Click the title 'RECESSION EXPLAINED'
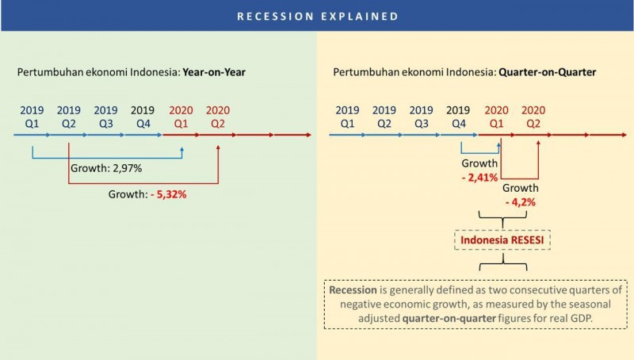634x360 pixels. pyautogui.click(x=318, y=16)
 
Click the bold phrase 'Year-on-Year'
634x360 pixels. pyautogui.click(x=214, y=72)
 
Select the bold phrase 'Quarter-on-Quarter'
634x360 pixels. pyautogui.click(x=547, y=72)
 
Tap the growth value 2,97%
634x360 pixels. pyautogui.click(x=128, y=168)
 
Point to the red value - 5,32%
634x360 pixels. pyautogui.click(x=169, y=194)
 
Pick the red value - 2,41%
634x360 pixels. pyautogui.click(x=479, y=178)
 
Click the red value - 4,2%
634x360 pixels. pyautogui.click(x=521, y=202)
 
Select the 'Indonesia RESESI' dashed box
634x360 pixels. pyautogui.click(x=502, y=239)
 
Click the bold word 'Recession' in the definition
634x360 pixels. pyautogui.click(x=353, y=290)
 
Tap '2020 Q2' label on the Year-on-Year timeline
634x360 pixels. pyautogui.click(x=217, y=117)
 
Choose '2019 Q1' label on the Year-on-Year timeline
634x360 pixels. pyautogui.click(x=32, y=117)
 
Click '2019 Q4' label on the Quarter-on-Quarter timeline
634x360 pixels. pyautogui.click(x=458, y=117)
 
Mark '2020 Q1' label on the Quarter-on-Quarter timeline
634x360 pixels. pyautogui.click(x=497, y=117)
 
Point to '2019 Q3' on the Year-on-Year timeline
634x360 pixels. pyautogui.click(x=105, y=117)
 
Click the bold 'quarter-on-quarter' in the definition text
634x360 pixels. pyautogui.click(x=449, y=318)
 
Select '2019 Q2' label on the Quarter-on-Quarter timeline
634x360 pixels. pyautogui.click(x=384, y=117)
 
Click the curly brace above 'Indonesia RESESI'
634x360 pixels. pyautogui.click(x=502, y=219)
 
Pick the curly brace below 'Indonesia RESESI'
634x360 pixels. pyautogui.click(x=503, y=262)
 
